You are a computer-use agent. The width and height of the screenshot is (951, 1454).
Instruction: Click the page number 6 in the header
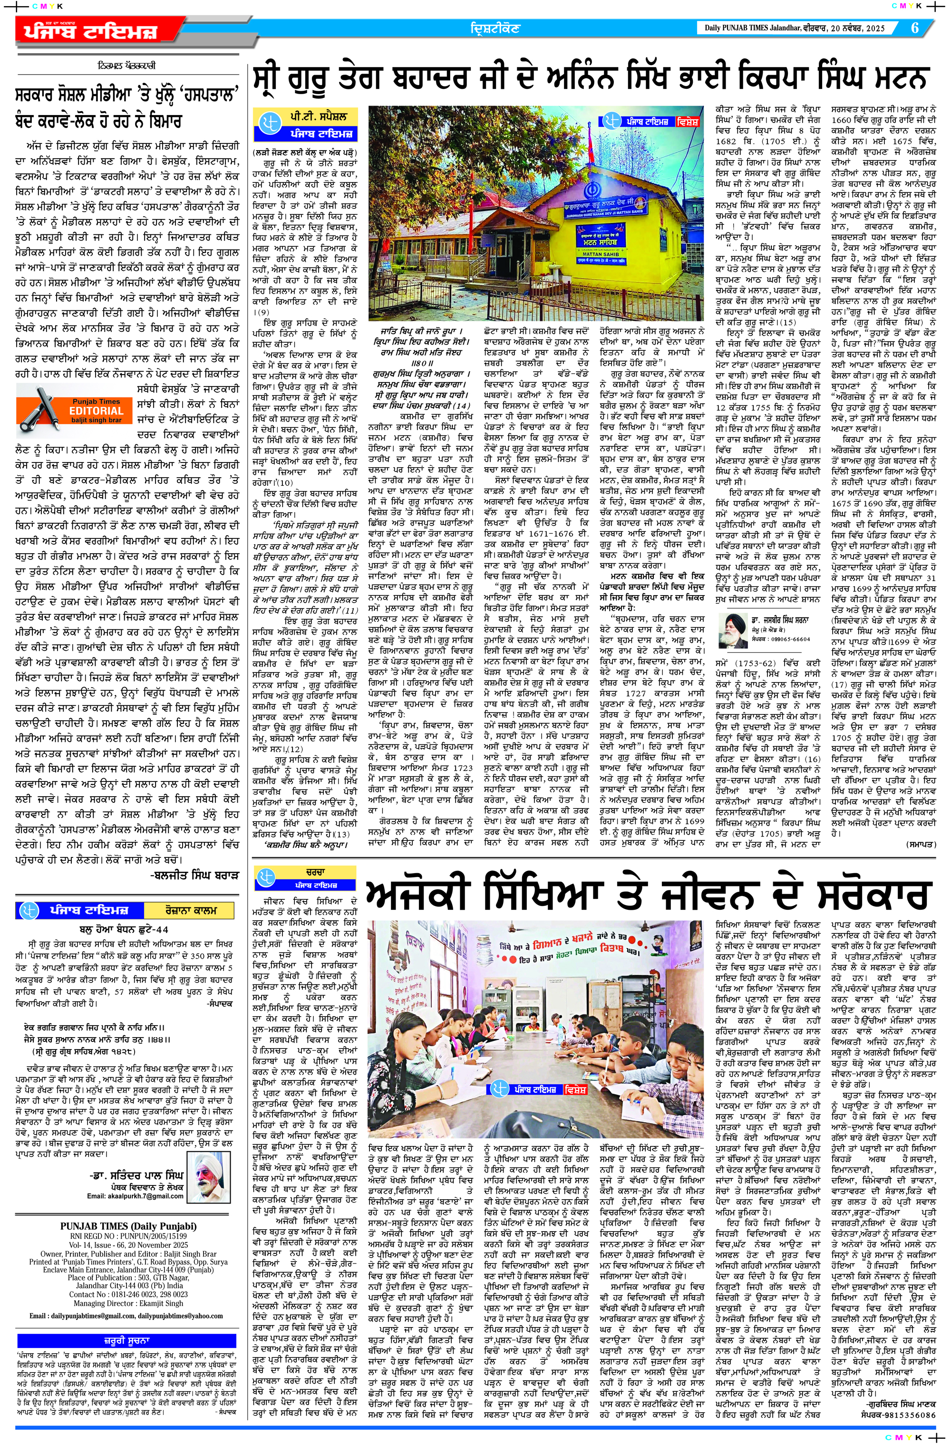tap(915, 28)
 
